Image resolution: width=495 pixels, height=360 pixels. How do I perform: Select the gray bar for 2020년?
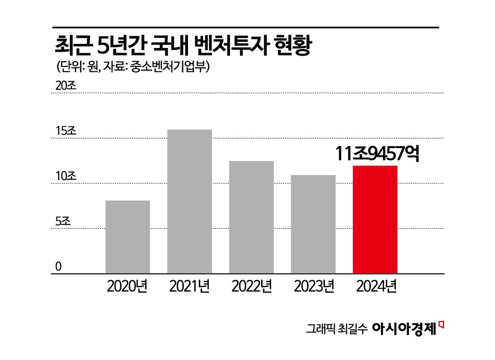[128, 237]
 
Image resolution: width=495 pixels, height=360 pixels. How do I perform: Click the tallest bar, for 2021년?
[190, 201]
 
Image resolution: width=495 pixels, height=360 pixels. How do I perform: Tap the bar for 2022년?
[251, 217]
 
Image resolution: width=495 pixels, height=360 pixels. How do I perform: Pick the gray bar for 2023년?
[313, 224]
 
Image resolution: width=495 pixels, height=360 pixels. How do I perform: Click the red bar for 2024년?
[375, 220]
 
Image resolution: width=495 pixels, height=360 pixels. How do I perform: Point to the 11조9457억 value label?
[378, 154]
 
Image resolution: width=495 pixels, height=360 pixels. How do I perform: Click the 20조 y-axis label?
[66, 86]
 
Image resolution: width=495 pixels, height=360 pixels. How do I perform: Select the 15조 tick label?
[66, 131]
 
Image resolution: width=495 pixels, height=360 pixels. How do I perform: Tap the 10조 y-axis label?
[66, 176]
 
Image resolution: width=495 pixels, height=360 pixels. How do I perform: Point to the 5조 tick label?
[64, 221]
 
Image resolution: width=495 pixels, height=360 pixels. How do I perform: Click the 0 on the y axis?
[58, 266]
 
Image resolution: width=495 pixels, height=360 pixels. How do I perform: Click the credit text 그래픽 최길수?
[337, 329]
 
